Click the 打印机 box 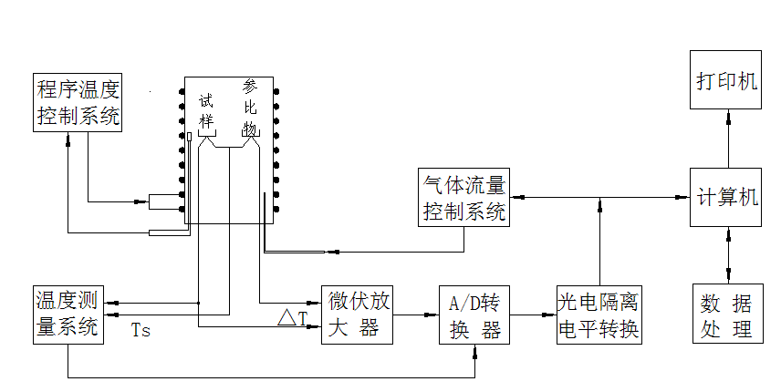[726, 81]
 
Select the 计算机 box [726, 198]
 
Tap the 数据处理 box [726, 315]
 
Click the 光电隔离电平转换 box [599, 315]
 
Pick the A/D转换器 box [475, 315]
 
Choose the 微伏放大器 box [358, 315]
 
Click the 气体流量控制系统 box [463, 199]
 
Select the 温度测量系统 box [68, 315]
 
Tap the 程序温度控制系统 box [78, 102]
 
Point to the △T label [292, 318]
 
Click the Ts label [141, 331]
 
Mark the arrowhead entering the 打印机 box [727, 116]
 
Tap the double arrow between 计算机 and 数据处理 [727, 255]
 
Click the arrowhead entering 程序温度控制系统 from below [68, 138]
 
